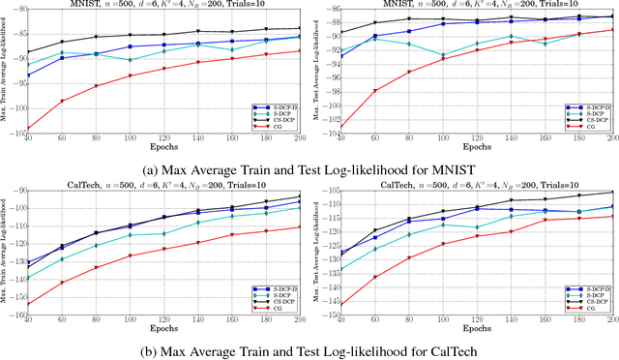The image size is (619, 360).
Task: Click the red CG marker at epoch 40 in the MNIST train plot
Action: (x=27, y=128)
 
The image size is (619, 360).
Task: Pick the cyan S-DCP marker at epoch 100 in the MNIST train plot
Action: (x=130, y=60)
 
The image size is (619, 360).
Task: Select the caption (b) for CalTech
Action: (x=309, y=347)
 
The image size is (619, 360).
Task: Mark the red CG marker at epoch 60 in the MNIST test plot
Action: (x=375, y=91)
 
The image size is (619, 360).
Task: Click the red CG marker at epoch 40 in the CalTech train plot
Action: (x=27, y=304)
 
